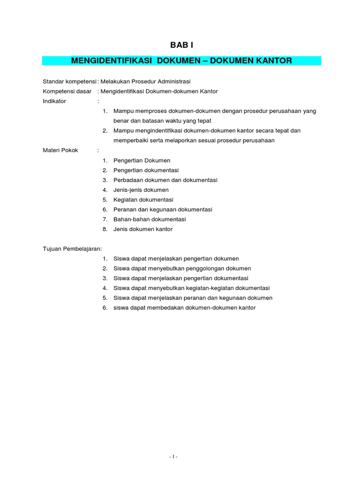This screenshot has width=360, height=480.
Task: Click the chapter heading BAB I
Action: coord(181,45)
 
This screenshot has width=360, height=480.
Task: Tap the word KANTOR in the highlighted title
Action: coord(273,61)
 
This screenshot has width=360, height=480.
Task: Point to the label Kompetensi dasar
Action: coord(67,91)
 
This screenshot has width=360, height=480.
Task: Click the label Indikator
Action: coord(54,101)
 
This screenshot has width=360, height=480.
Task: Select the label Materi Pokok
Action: coord(60,150)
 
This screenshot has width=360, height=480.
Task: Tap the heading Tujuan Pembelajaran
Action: coord(73,249)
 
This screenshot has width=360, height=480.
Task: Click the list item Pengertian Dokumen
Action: coord(142,160)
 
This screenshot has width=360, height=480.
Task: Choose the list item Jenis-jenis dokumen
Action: coord(141,190)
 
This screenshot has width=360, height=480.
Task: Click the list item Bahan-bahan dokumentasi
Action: coord(150,219)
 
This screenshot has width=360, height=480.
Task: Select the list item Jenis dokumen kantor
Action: coord(143,229)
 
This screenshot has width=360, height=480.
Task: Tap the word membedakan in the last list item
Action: coord(167,308)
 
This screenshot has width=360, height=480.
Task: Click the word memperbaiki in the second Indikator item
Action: coord(130,141)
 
